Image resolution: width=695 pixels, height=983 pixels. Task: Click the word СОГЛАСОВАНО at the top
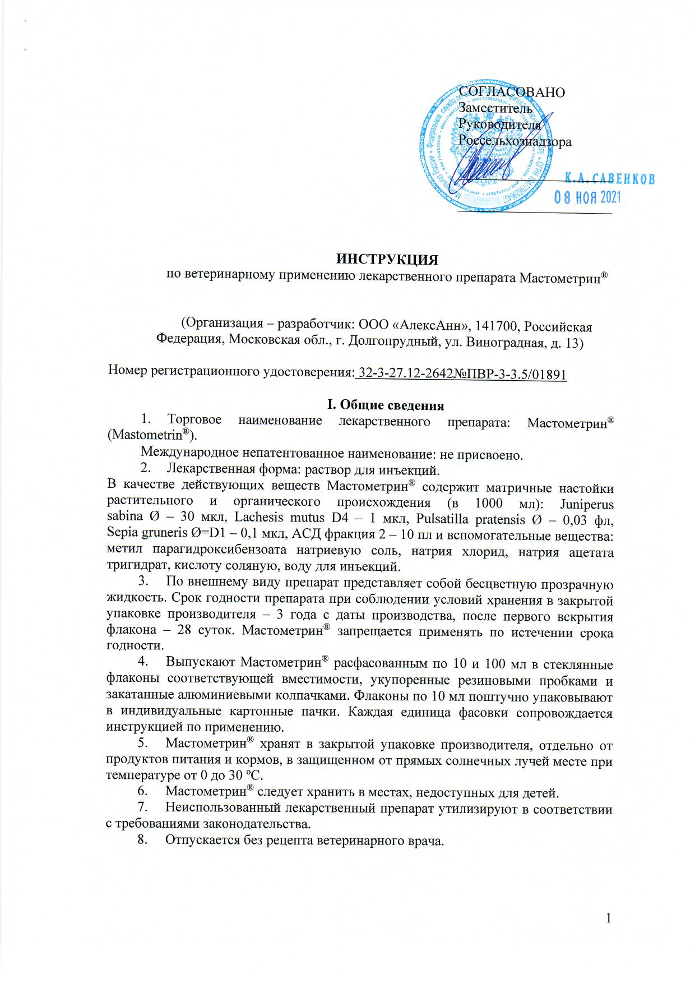tap(512, 93)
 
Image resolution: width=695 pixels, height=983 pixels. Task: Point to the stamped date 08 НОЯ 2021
tap(587, 197)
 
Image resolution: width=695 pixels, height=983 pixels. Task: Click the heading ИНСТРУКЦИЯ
tap(386, 260)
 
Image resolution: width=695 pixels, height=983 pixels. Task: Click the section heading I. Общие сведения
tap(386, 405)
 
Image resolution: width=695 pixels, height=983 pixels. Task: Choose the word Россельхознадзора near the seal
tap(515, 141)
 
